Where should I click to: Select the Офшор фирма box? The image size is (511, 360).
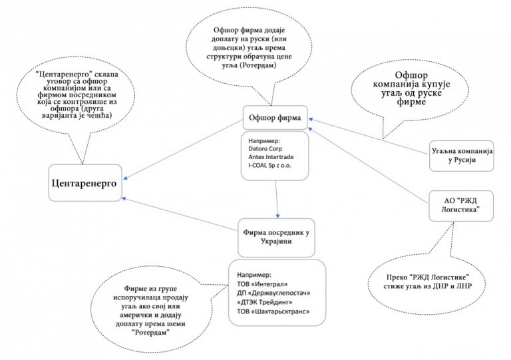(x=274, y=119)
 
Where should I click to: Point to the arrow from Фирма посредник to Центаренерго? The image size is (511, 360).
(x=180, y=213)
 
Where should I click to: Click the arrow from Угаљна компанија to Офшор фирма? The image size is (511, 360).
(x=366, y=136)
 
